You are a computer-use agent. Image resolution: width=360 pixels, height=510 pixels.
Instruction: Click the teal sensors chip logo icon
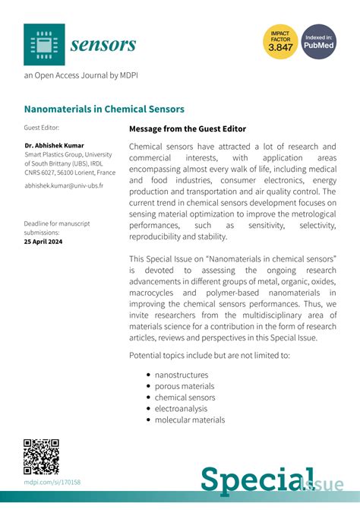coord(44,44)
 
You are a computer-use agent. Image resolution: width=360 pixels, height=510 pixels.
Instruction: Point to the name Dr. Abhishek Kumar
coord(55,144)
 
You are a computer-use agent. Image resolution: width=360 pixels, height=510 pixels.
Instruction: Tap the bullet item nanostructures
coord(181,375)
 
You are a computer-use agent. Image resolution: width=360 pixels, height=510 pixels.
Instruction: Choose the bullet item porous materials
coord(184,386)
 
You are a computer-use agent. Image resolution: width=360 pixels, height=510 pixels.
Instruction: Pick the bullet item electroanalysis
coord(181,408)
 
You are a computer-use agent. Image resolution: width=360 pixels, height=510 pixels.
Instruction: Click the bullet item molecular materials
coord(189,420)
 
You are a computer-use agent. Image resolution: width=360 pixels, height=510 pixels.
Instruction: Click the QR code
coord(42,457)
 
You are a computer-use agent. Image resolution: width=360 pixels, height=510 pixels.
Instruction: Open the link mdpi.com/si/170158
coord(52,483)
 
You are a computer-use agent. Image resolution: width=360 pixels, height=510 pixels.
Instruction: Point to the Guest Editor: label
coord(41,128)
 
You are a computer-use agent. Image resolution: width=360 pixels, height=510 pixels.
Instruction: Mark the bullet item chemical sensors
coord(185,398)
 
